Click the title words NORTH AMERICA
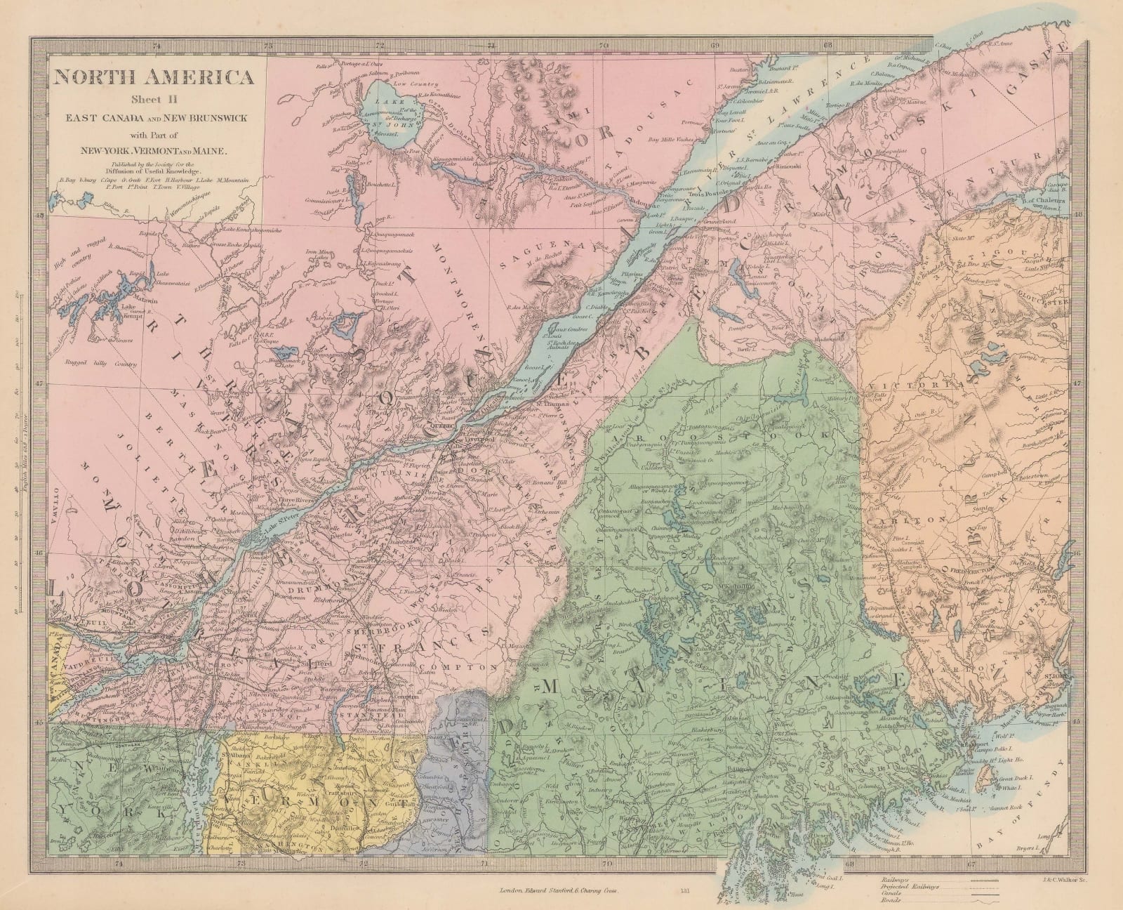point(156,77)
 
